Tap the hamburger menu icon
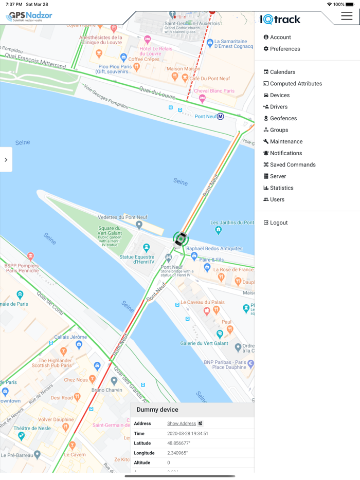pos(347,16)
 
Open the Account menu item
pos(280,37)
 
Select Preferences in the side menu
pos(284,49)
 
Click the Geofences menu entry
pos(283,118)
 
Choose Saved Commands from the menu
pos(292,164)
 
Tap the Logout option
pos(278,223)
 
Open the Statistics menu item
pos(281,188)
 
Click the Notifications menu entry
pos(285,153)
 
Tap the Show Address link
pos(182,423)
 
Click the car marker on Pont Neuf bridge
pos(180,239)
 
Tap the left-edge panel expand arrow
pos(6,160)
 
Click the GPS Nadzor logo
pos(29,16)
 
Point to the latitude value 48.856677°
pos(178,443)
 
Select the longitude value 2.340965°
pos(177,453)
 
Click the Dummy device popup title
pos(157,410)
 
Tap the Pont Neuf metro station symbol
pos(220,117)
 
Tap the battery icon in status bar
pos(350,4)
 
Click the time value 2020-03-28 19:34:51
pos(187,433)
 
